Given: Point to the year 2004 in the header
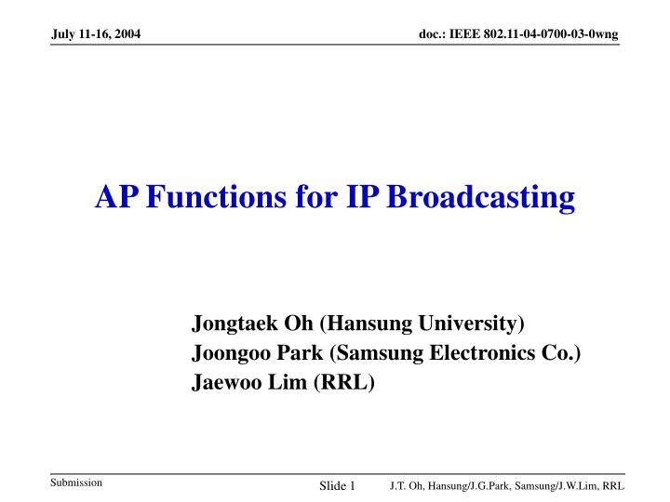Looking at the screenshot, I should [x=126, y=34].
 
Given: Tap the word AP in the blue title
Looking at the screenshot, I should [x=117, y=197].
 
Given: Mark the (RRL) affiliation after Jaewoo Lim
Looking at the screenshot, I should [x=344, y=382].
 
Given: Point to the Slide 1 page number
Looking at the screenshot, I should [x=338, y=486].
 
